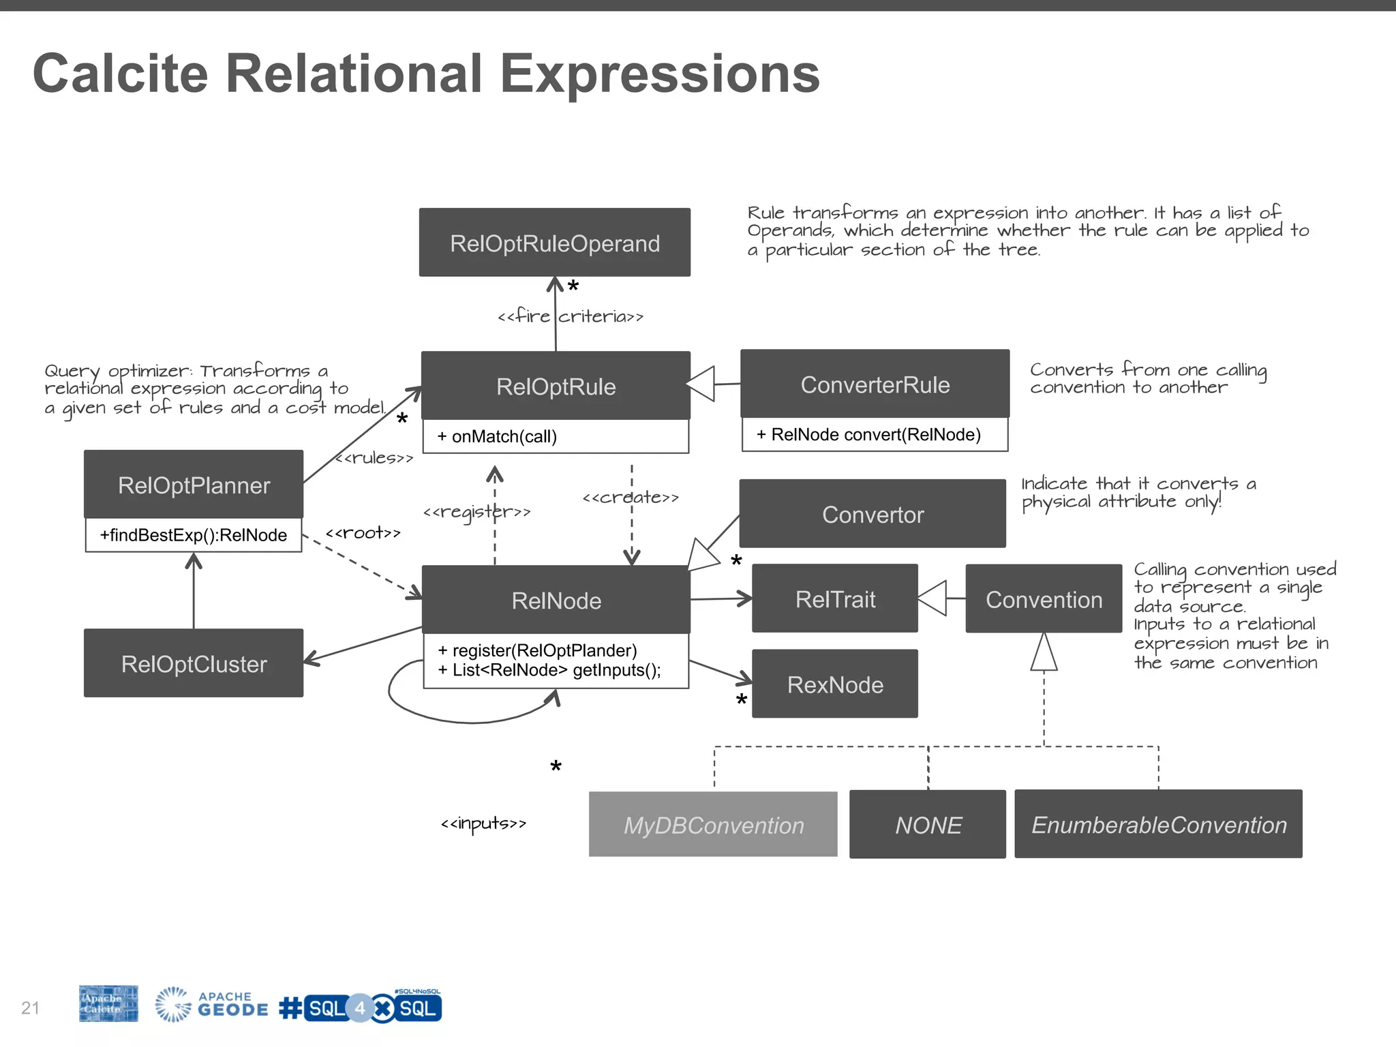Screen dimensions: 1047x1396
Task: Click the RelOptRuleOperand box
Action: point(554,243)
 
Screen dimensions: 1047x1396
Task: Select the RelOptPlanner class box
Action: point(194,485)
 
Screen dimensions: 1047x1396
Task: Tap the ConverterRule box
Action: point(875,384)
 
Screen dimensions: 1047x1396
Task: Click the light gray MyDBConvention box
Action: point(713,825)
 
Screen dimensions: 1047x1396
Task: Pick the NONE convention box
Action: point(928,825)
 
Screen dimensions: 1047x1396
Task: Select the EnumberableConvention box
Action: point(1158,825)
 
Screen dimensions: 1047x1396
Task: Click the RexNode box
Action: point(835,684)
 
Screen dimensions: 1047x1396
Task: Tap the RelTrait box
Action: point(835,598)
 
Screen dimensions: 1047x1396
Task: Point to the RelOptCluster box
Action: point(194,663)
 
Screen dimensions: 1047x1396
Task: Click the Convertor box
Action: point(872,514)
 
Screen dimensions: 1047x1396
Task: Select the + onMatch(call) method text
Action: point(498,437)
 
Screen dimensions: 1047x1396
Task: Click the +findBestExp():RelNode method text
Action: point(194,535)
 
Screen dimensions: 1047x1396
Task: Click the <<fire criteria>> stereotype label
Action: point(571,316)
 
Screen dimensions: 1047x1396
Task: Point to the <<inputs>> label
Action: point(483,823)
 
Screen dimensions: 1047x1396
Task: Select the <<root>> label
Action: point(363,532)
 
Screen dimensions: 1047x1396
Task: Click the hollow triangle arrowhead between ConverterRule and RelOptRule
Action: point(701,384)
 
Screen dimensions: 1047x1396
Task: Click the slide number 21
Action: point(31,1007)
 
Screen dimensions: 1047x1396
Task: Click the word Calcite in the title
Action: point(121,74)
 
